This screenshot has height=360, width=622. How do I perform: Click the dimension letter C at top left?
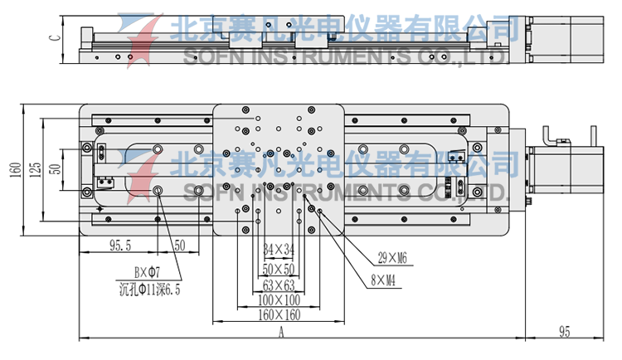53,36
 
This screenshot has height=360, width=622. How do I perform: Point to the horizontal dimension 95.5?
121,246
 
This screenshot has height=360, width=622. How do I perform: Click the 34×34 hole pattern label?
279,249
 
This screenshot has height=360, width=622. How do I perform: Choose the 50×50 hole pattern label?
279,269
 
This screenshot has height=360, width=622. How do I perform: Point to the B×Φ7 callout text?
148,271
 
